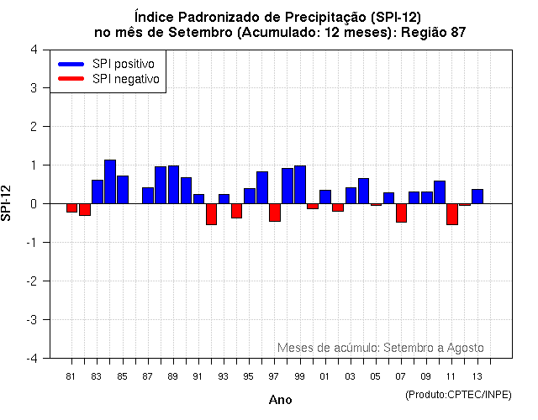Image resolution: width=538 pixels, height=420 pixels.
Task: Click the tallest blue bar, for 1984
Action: [110, 181]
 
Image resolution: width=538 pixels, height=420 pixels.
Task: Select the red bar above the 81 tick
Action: [71, 207]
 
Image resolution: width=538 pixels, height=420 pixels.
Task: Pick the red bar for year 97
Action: [275, 213]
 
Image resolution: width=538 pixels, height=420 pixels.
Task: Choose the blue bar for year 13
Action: [477, 197]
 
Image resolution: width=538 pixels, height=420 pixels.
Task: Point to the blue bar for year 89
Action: [173, 185]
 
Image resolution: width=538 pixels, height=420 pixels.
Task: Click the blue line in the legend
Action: [71, 64]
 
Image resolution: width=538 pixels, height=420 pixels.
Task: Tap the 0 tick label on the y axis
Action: [33, 204]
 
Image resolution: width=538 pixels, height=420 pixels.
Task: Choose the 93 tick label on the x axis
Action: [224, 376]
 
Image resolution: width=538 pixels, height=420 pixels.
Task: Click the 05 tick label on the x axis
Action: [376, 376]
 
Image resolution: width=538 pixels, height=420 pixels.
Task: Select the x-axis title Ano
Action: [280, 401]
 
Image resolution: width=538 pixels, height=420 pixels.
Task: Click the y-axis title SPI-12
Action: [8, 203]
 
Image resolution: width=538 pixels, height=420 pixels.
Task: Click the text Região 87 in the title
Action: [432, 32]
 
